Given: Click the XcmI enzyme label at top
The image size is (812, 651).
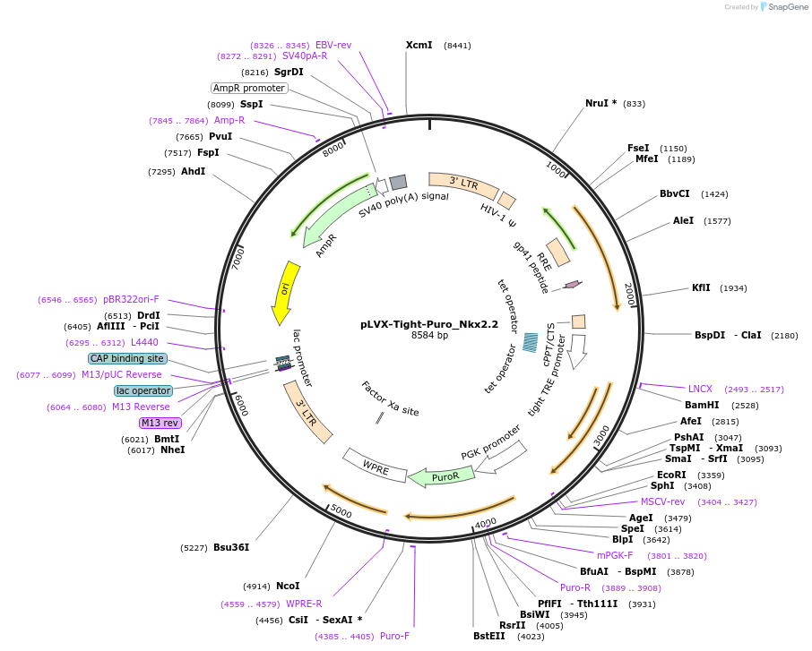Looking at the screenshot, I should [x=419, y=45].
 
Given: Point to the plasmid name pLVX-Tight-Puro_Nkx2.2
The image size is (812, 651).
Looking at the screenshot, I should [x=429, y=324].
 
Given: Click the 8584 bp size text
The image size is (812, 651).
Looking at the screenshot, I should [x=429, y=336].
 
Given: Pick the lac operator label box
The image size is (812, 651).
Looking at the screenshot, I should [x=143, y=390].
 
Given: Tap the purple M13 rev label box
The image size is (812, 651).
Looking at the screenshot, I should [x=160, y=423].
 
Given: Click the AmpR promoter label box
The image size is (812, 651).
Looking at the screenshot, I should [x=249, y=88].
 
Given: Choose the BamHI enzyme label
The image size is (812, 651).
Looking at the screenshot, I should [x=702, y=405].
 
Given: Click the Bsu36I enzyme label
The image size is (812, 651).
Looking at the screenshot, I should [x=230, y=547].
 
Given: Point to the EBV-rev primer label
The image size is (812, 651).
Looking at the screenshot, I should [x=333, y=45].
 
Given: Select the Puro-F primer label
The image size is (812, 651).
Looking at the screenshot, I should [x=394, y=636].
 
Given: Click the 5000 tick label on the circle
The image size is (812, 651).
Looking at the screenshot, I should [x=341, y=511].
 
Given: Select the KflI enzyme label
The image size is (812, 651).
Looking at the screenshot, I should [x=701, y=288].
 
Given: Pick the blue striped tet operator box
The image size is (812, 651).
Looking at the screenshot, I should [x=531, y=342].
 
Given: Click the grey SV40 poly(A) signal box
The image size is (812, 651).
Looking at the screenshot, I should [x=398, y=182].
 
